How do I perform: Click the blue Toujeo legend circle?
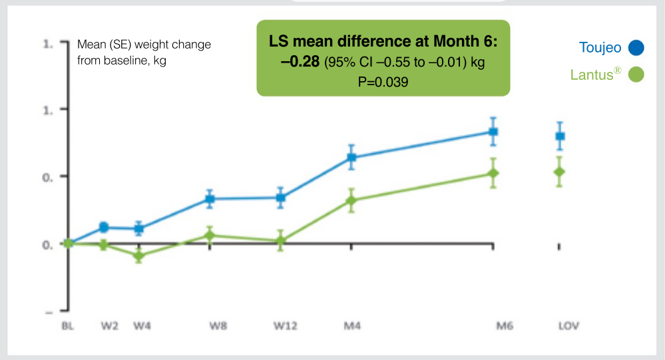pyautogui.click(x=637, y=47)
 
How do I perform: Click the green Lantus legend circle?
pyautogui.click(x=637, y=75)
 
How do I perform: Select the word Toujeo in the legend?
pyautogui.click(x=599, y=47)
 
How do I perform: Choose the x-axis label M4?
pyautogui.click(x=351, y=326)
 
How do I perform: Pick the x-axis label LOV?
pyautogui.click(x=568, y=326)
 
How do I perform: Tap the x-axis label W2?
pyautogui.click(x=109, y=326)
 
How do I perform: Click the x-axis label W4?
pyautogui.click(x=142, y=326)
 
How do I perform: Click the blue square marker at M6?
pyautogui.click(x=493, y=132)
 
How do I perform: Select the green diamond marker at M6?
pyautogui.click(x=493, y=174)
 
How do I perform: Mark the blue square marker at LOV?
pyautogui.click(x=560, y=136)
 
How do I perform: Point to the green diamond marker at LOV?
pyautogui.click(x=559, y=172)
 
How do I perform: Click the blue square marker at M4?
pyautogui.click(x=351, y=158)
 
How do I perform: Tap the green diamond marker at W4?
pyautogui.click(x=138, y=256)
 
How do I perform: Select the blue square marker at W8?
pyautogui.click(x=210, y=199)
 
